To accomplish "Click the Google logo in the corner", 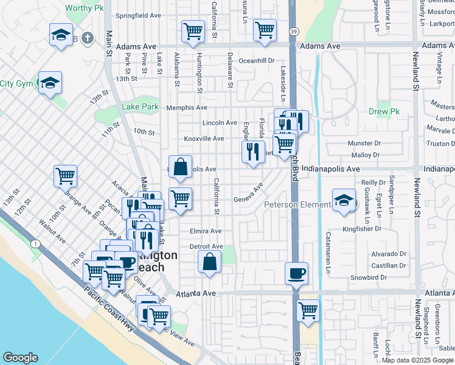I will (x=20, y=358).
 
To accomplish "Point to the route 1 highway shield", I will (x=37, y=244).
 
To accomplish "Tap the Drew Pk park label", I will (x=383, y=112).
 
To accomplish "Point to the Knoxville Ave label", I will (x=204, y=139).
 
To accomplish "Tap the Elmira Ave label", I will (x=206, y=231).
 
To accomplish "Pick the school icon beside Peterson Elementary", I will (x=344, y=201).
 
